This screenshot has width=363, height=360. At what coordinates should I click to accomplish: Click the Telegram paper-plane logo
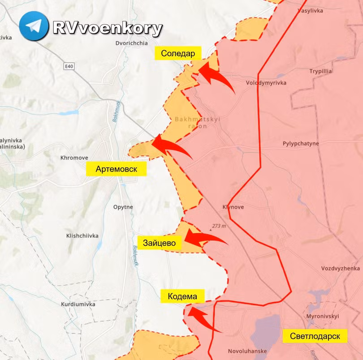pos(34,26)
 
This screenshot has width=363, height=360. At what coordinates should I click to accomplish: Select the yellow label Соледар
pos(178,54)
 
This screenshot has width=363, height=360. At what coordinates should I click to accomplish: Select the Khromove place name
pos(74,158)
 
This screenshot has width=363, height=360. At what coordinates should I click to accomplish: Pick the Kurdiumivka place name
pos(79,304)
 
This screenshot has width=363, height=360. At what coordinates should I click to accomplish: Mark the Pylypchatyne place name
pos(301,144)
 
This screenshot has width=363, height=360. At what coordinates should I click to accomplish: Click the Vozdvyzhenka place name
pos(341,268)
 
